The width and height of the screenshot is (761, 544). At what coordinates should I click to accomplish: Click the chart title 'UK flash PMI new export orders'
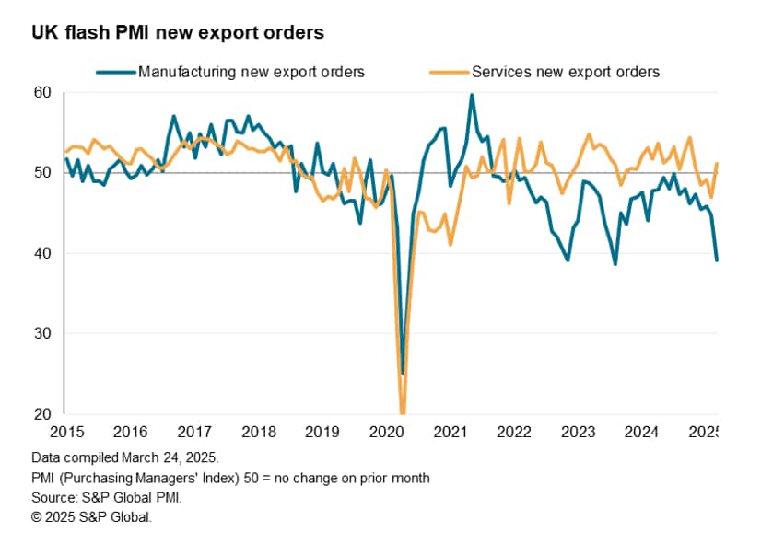click(177, 33)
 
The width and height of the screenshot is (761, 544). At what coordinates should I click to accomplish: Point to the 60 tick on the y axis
click(43, 93)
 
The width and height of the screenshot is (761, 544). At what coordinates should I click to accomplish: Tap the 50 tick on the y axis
click(43, 173)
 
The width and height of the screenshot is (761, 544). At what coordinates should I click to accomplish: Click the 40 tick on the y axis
click(43, 253)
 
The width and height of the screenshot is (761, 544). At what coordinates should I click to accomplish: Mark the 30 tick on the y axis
click(43, 334)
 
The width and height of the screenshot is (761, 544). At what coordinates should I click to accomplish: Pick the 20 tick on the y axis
click(43, 414)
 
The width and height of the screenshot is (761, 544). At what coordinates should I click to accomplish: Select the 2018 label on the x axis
click(258, 432)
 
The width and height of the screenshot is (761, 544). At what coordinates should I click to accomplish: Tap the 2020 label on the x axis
click(386, 432)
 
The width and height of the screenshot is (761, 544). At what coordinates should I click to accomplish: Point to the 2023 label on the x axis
click(579, 432)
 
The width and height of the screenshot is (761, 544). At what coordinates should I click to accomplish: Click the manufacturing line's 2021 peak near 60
click(472, 95)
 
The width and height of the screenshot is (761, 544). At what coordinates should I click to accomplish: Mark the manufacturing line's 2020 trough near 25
click(402, 374)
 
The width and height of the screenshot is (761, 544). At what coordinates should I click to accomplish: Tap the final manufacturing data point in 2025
click(717, 260)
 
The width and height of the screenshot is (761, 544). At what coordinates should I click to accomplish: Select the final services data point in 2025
click(717, 164)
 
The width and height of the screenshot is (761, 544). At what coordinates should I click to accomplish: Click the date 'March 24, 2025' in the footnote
click(161, 457)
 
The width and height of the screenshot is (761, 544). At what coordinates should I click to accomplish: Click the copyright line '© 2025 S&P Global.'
click(91, 517)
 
